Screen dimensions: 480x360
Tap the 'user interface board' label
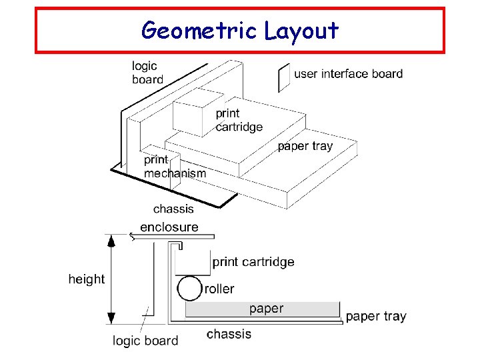[348, 73]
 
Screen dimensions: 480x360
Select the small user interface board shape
[283, 77]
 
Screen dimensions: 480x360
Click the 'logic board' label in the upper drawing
[147, 73]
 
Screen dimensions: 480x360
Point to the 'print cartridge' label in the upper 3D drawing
[239, 120]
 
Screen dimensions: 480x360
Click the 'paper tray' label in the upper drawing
[305, 146]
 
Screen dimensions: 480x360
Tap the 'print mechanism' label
[175, 167]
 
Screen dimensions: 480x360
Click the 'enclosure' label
[169, 227]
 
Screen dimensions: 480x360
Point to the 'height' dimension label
[87, 279]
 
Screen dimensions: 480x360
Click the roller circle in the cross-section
[189, 289]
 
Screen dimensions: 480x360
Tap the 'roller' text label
[219, 289]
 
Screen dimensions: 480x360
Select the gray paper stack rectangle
[263, 309]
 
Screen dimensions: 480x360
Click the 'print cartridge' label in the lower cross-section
[253, 262]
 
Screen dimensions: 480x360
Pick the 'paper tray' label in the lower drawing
[376, 316]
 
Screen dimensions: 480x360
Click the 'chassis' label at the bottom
[229, 334]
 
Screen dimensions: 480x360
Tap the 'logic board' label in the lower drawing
[145, 341]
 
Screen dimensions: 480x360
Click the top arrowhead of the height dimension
[112, 241]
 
